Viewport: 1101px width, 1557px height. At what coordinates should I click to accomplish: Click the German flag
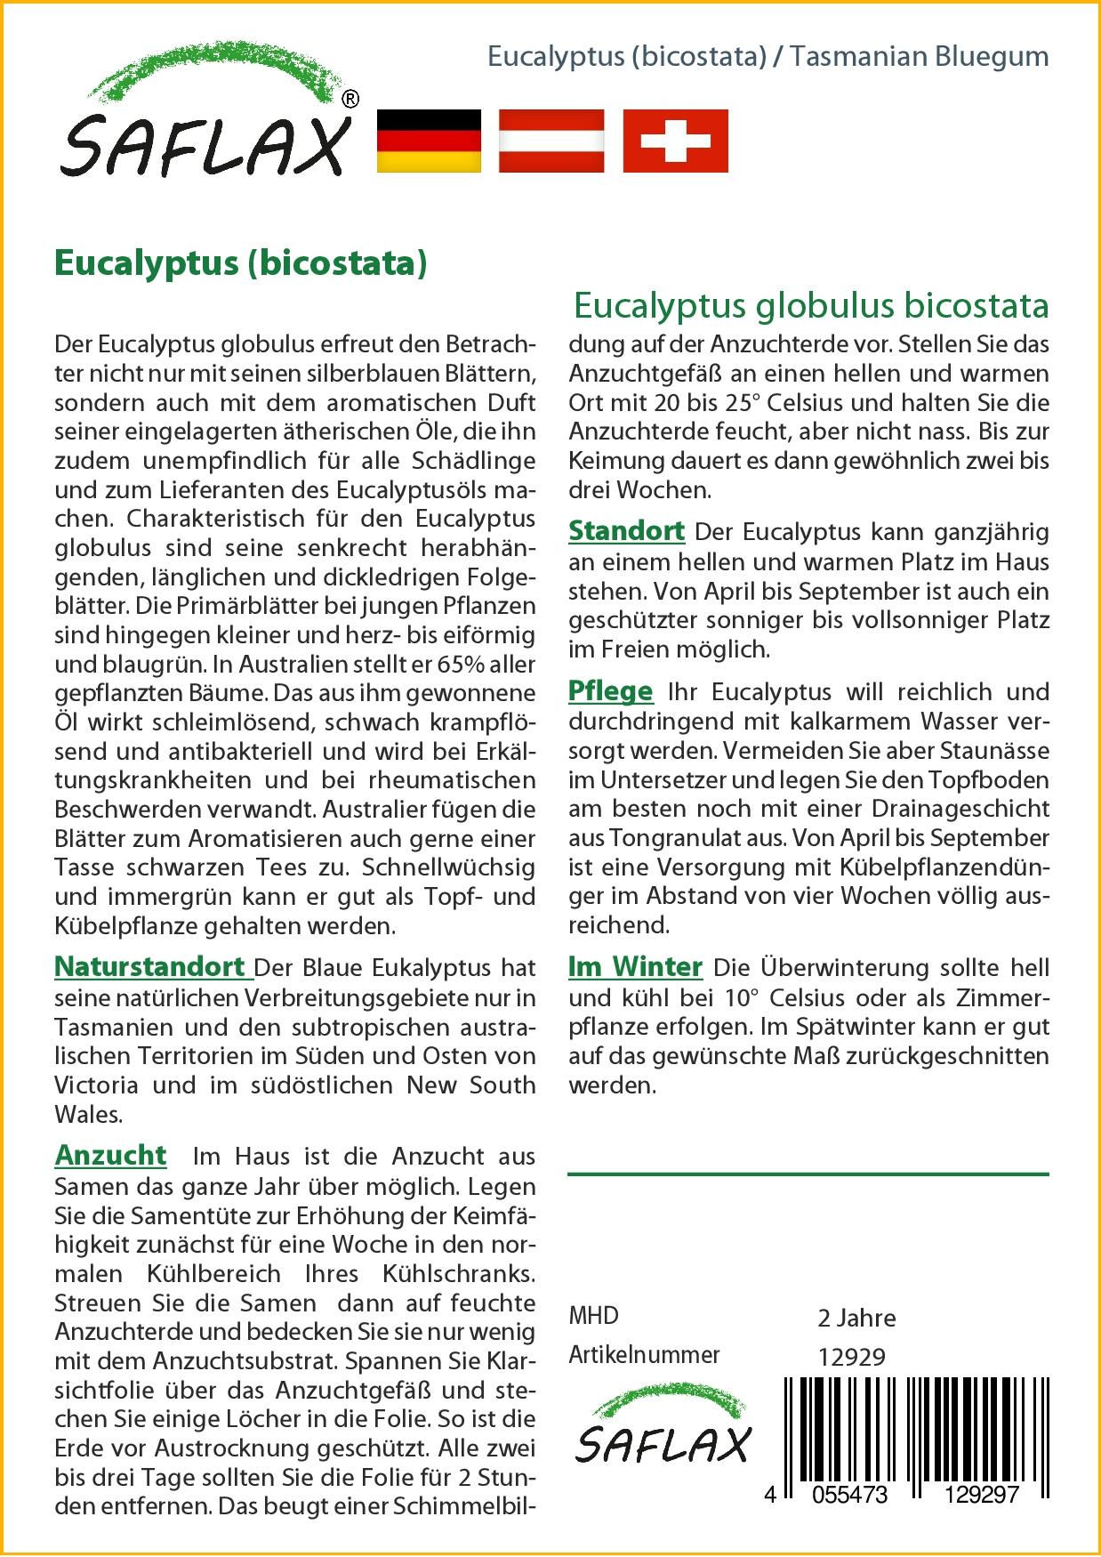point(430,141)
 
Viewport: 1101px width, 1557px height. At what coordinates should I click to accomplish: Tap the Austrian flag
point(551,141)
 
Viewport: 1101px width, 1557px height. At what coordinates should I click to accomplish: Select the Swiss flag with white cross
point(675,141)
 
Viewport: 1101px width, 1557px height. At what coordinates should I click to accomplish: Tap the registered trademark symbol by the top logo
point(350,100)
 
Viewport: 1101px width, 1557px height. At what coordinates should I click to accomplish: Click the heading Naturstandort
point(149,966)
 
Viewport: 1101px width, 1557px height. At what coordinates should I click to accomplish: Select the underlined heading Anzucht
point(110,1155)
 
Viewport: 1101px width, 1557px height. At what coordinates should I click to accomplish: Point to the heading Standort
point(626,531)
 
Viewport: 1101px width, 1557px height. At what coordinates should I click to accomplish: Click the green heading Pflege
point(610,691)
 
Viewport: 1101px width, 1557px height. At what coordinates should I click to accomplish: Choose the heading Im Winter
point(635,967)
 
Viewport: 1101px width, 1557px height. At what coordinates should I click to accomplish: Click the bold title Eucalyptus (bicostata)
point(241,262)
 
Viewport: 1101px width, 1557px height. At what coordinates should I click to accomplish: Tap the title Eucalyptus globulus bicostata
point(811,305)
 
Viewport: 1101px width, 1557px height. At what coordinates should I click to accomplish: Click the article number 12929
point(851,1357)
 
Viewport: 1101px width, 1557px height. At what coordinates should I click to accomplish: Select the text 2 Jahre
point(856,1318)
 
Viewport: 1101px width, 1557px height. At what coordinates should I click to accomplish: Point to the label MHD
point(593,1316)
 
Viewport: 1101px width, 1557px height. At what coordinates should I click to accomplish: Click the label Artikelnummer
point(644,1355)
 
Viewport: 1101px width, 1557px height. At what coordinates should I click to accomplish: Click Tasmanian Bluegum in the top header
point(920,56)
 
